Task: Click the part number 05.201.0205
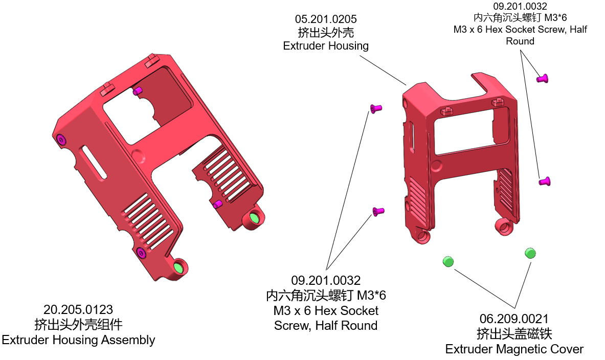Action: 326,19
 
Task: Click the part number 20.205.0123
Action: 78,309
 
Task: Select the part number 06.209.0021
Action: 514,319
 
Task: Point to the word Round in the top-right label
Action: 520,41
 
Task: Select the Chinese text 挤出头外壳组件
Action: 78,325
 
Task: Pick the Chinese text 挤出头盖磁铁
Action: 514,334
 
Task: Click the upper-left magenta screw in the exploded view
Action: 376,108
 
